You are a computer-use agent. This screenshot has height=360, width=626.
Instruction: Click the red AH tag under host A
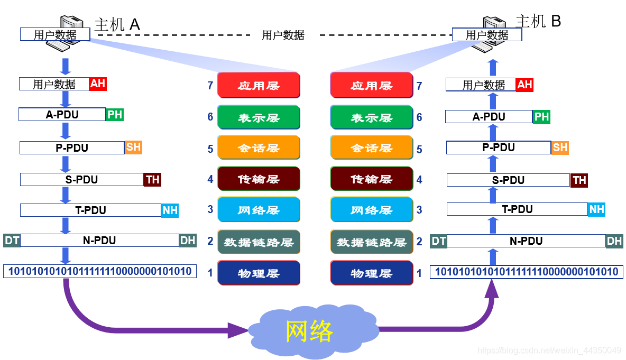coord(98,84)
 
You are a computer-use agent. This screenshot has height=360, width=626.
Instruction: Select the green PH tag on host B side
coord(541,117)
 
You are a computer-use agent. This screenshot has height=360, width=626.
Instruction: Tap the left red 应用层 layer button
coord(259,86)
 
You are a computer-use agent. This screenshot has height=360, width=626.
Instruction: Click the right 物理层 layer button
coord(371,273)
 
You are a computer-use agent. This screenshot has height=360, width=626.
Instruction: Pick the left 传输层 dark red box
coord(259,179)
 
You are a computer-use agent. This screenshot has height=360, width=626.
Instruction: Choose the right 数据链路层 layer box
coord(371,242)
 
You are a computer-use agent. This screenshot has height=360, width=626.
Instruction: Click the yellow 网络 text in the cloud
coord(309,331)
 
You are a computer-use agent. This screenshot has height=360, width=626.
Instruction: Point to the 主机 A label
coord(117,24)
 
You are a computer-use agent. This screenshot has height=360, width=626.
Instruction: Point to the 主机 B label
coord(538,21)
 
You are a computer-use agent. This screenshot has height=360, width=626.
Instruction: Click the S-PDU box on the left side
coord(81,180)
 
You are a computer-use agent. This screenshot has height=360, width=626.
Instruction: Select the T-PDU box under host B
coord(517,209)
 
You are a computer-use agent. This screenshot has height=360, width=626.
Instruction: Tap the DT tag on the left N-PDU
coord(12,241)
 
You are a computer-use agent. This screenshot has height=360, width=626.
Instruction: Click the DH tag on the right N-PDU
coord(614,241)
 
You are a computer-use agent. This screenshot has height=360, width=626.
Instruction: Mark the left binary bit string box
coord(100,271)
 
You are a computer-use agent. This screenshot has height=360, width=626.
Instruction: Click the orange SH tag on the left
coord(134,147)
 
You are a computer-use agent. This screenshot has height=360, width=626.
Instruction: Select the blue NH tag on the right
coord(596,209)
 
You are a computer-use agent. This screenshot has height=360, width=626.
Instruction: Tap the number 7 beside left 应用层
coord(210,86)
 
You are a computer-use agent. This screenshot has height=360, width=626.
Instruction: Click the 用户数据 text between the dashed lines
coord(283,35)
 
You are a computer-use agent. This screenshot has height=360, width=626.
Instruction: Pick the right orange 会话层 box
coord(371,148)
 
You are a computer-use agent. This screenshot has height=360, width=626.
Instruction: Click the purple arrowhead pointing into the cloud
coord(238,330)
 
